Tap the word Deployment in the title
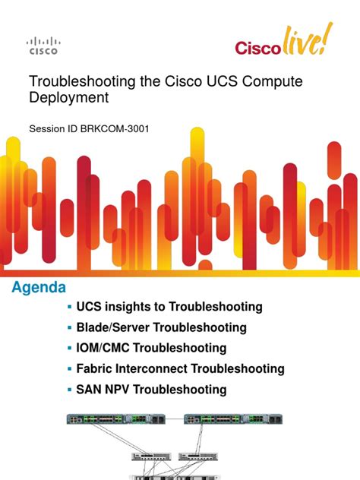tap(68, 97)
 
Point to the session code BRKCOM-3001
tap(112, 128)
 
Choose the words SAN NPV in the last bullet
tap(104, 389)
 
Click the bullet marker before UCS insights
tap(69, 307)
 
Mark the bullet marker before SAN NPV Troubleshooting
tap(69, 389)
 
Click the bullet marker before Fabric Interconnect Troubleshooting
tap(69, 368)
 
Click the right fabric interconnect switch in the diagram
tap(236, 419)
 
